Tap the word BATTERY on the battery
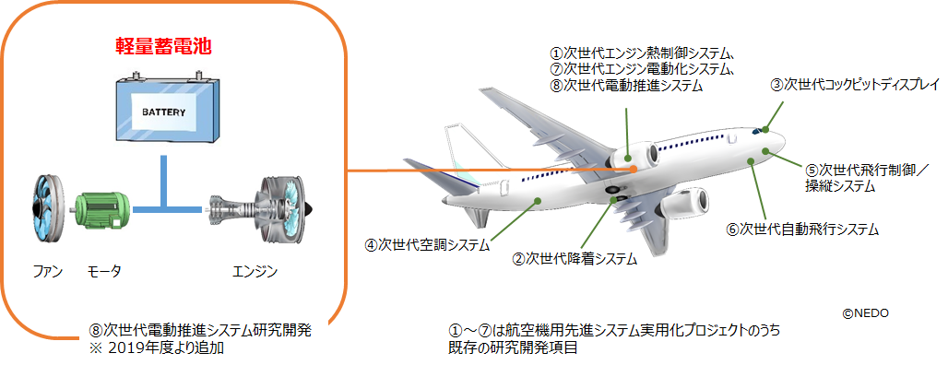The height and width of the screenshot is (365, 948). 164,112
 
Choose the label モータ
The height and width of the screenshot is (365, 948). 104,272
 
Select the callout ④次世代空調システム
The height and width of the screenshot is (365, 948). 426,245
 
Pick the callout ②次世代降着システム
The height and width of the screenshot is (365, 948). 575,260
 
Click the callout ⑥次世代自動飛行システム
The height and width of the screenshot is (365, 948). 801,229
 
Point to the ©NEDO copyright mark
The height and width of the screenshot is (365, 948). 866,312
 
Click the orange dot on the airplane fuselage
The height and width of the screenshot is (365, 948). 633,169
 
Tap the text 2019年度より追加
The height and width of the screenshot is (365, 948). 164,348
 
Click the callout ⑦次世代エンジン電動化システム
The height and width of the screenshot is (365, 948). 642,69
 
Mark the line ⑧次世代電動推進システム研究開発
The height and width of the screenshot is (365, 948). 199,332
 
